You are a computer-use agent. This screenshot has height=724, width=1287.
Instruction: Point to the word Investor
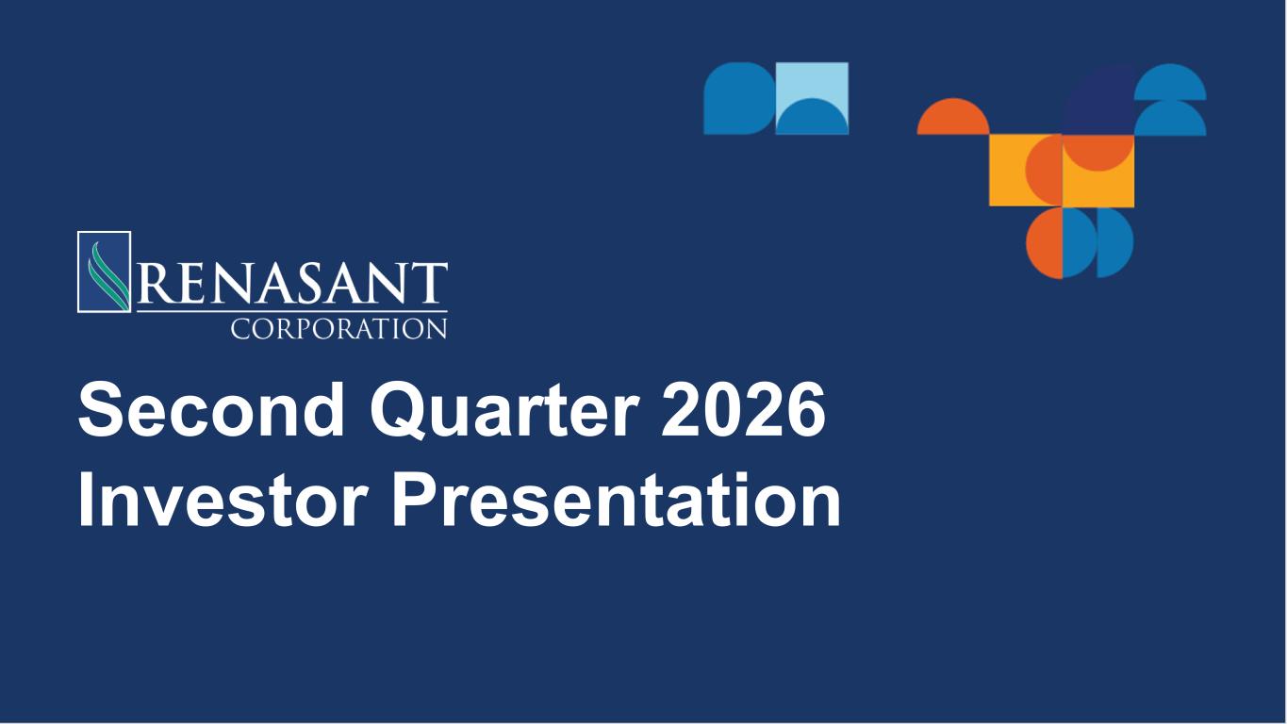coord(223,499)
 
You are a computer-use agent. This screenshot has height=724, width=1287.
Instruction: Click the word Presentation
coord(616,499)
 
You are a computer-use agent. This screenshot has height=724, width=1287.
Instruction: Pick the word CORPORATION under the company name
coord(339,329)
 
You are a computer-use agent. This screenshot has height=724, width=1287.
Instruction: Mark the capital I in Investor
coord(86,499)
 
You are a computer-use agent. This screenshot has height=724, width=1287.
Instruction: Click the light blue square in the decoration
coord(812,98)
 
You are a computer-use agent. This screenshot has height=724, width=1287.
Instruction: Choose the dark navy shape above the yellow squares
coord(1097,101)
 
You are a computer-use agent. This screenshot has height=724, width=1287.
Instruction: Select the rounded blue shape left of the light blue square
coord(739,98)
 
